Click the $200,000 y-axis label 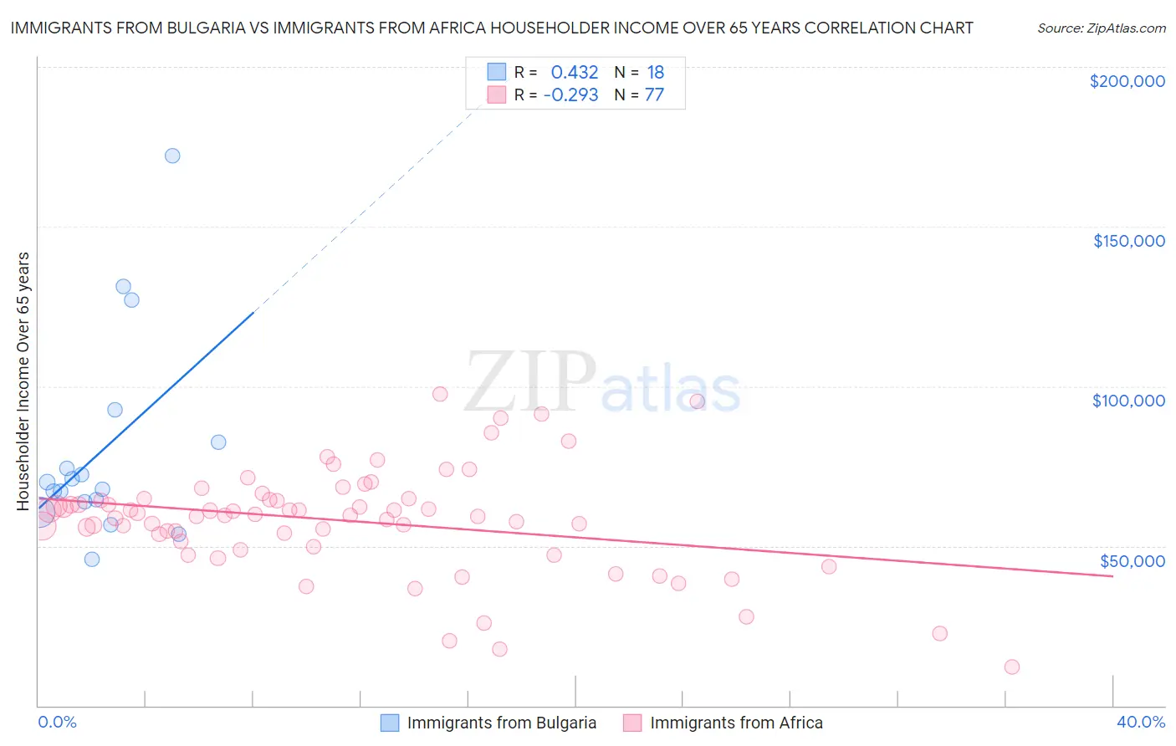(1127, 81)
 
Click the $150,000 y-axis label (1128, 241)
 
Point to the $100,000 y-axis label (1128, 401)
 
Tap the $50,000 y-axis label (1133, 560)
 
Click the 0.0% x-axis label (57, 722)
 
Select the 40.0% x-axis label (1140, 722)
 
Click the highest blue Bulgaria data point (172, 156)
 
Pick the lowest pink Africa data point (1012, 667)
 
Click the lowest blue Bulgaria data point (92, 559)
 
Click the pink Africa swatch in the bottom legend (632, 723)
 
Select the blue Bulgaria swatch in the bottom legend (390, 723)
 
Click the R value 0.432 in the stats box (575, 73)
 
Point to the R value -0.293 (570, 95)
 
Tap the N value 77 (654, 95)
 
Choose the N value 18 (655, 73)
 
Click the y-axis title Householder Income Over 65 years (23, 381)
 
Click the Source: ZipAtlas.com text (1101, 28)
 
